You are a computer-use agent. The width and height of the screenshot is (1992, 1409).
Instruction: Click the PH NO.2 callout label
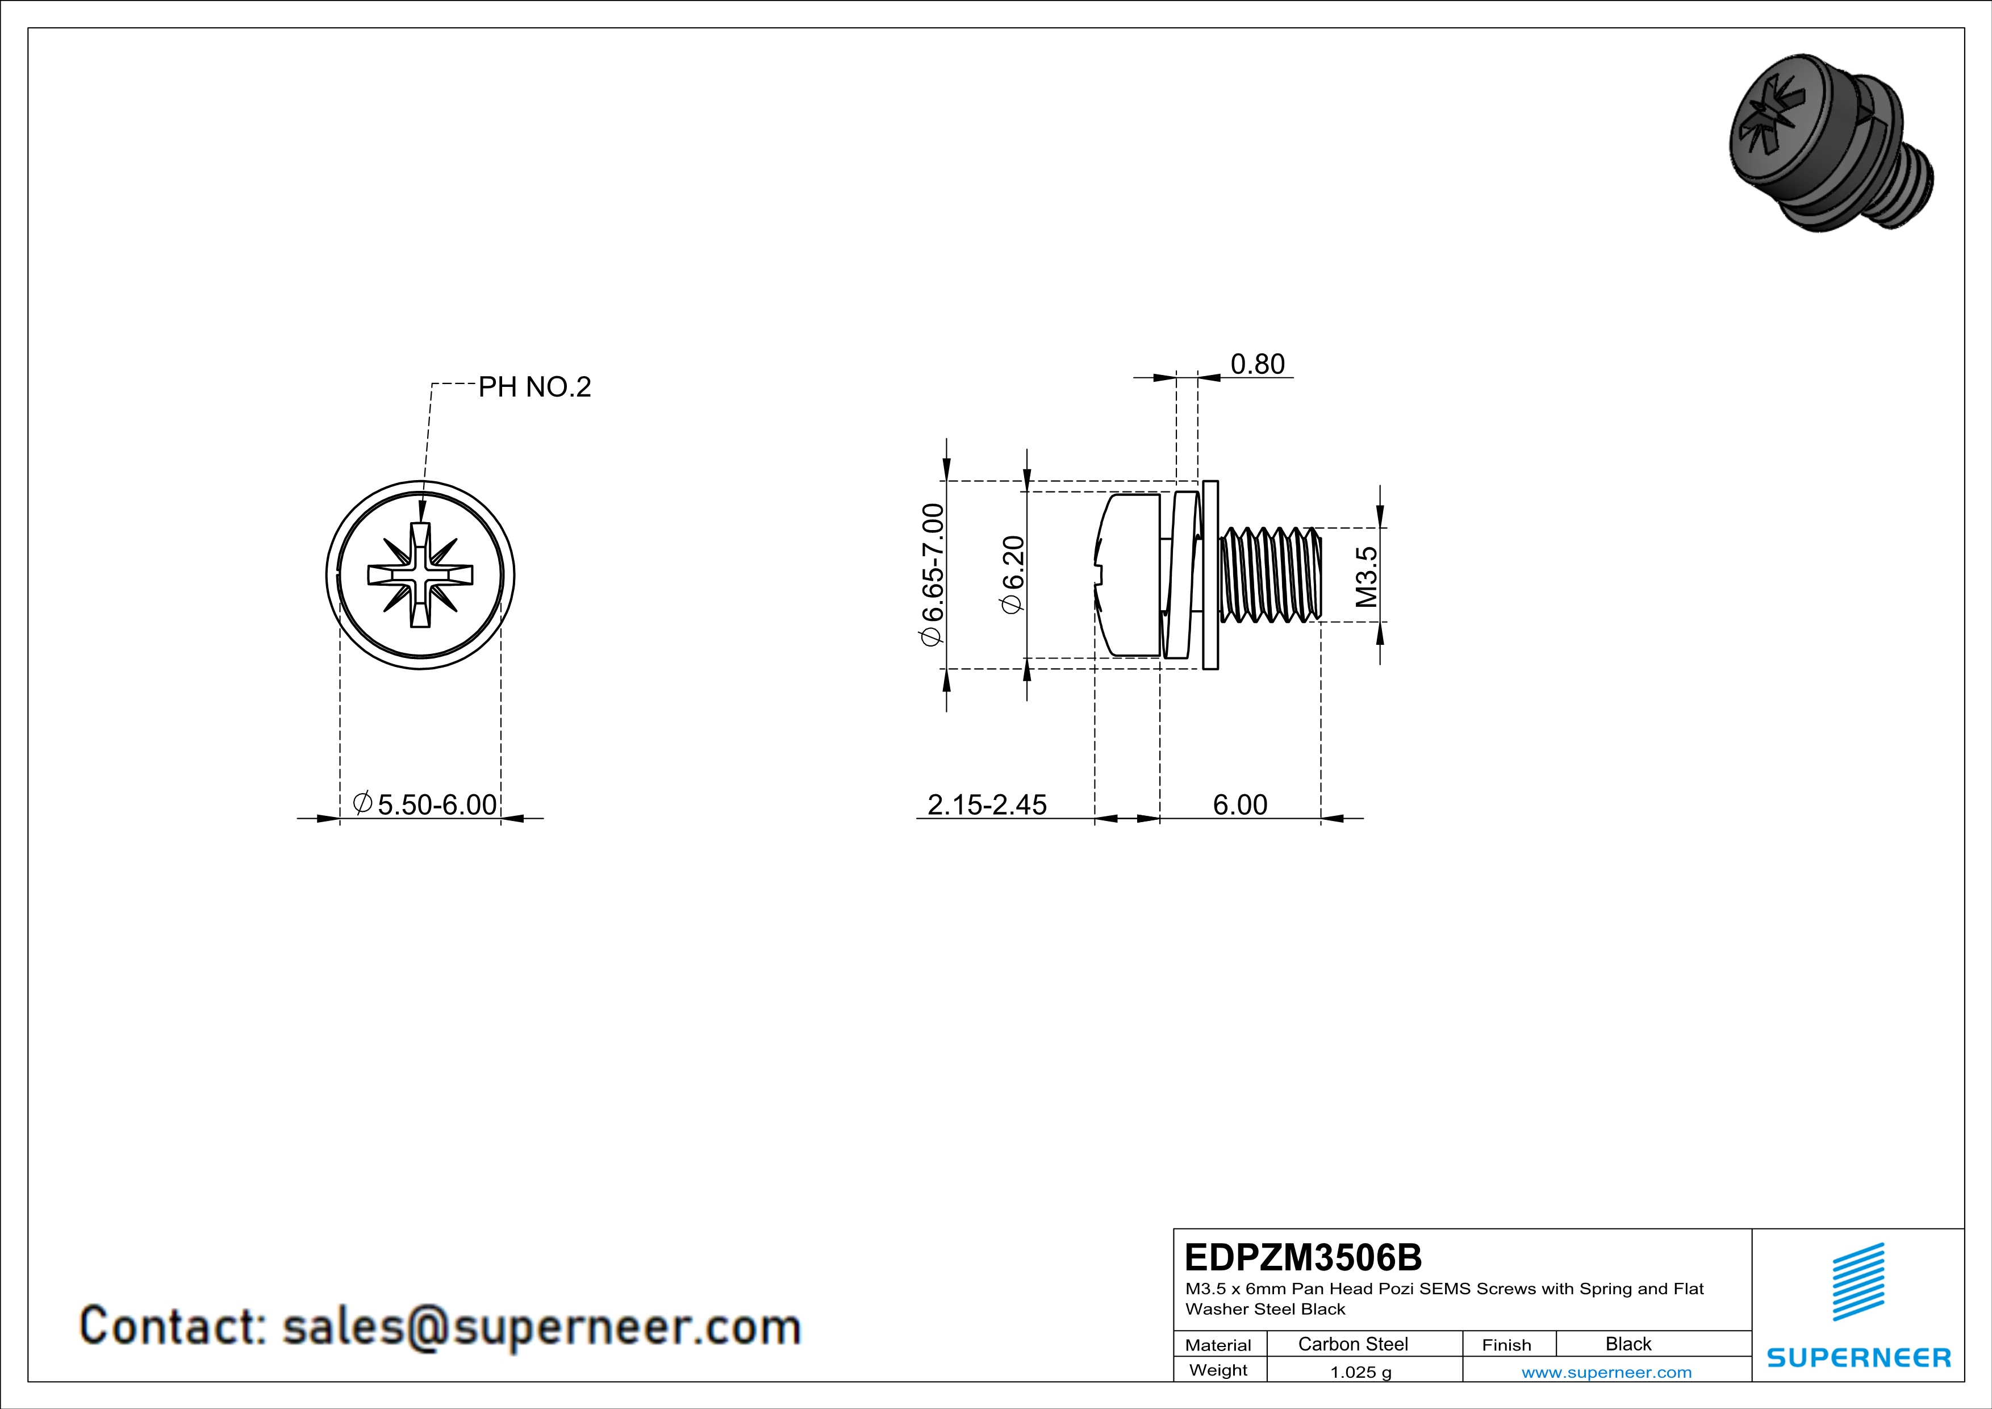click(x=534, y=387)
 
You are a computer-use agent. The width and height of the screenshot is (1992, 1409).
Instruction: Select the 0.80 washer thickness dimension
click(x=1257, y=364)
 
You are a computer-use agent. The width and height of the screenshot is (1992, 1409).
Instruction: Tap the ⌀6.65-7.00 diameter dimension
click(x=932, y=574)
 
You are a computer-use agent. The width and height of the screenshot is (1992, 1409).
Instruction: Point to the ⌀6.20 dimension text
click(x=1013, y=574)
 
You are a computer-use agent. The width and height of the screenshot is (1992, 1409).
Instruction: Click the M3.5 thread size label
click(x=1367, y=576)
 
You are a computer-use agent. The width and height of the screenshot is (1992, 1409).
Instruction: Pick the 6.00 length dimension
click(x=1240, y=805)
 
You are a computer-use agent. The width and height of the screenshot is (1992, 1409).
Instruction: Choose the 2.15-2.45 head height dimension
click(x=987, y=805)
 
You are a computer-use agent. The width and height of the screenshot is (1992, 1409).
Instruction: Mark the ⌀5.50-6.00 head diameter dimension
click(x=425, y=804)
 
